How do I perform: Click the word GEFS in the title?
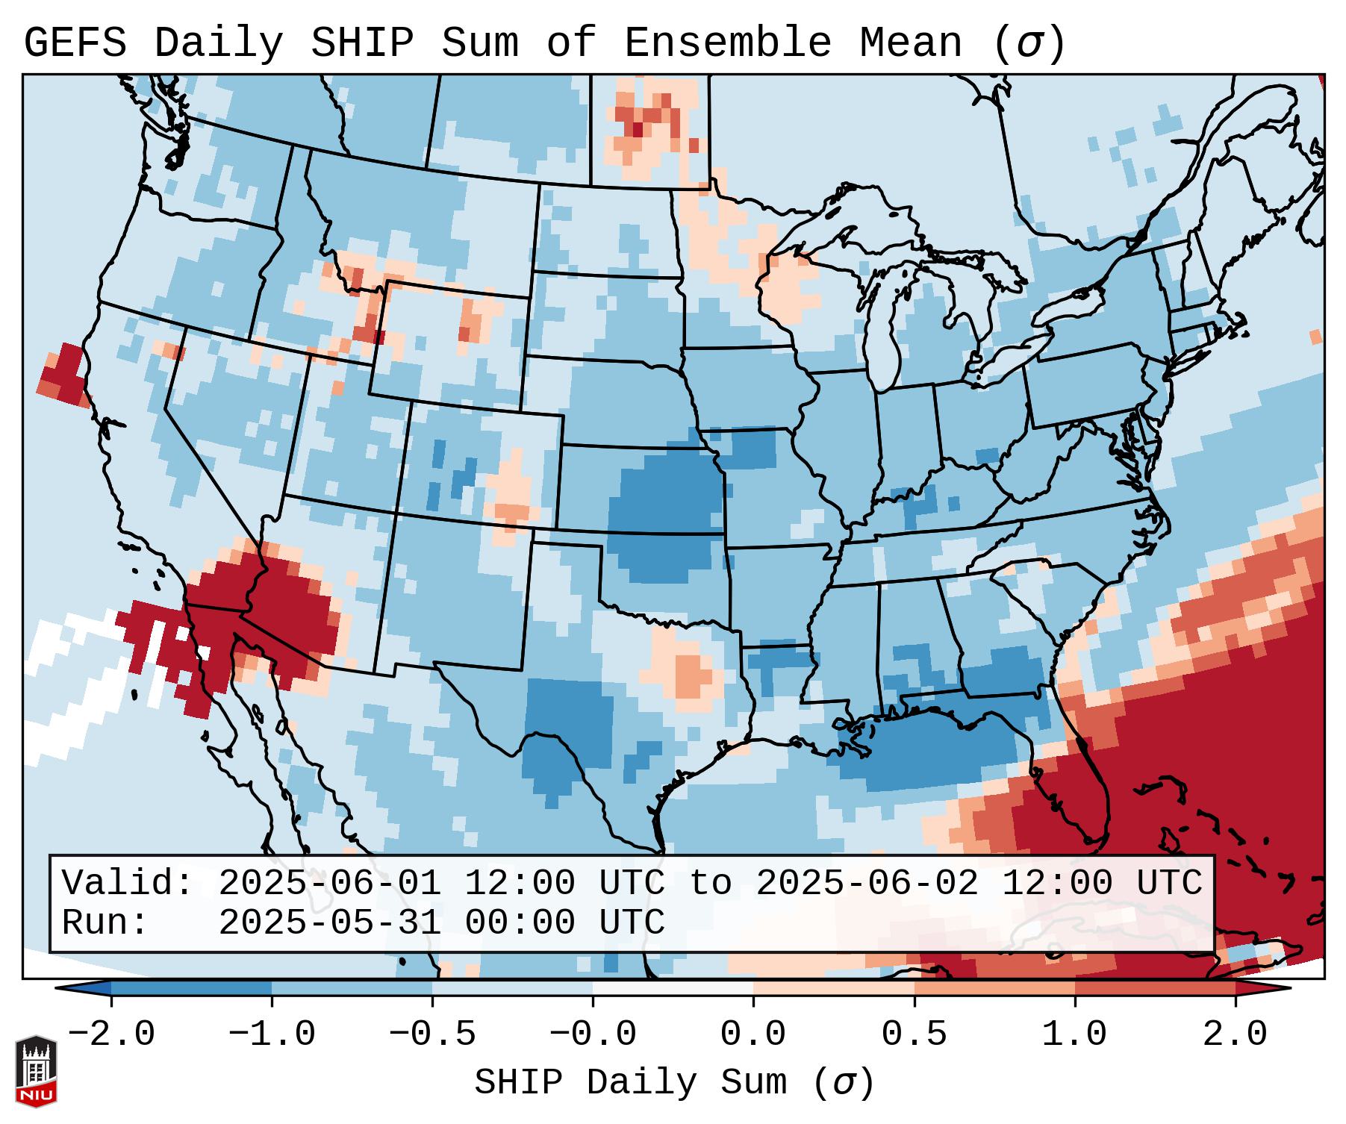click(x=75, y=43)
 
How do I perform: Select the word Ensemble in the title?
click(x=727, y=43)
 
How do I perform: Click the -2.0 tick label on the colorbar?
click(x=111, y=1034)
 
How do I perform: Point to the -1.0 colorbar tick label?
click(x=272, y=1034)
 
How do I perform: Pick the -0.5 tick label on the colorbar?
click(x=432, y=1034)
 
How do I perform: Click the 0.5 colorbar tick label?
click(x=914, y=1034)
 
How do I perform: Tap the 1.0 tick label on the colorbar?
click(x=1074, y=1034)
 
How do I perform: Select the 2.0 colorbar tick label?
click(x=1235, y=1034)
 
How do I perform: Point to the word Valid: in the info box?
click(x=128, y=883)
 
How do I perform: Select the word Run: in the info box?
click(x=105, y=922)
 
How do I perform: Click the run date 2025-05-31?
click(x=329, y=922)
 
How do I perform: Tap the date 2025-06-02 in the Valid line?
click(x=867, y=883)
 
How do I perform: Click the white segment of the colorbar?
click(x=673, y=988)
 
